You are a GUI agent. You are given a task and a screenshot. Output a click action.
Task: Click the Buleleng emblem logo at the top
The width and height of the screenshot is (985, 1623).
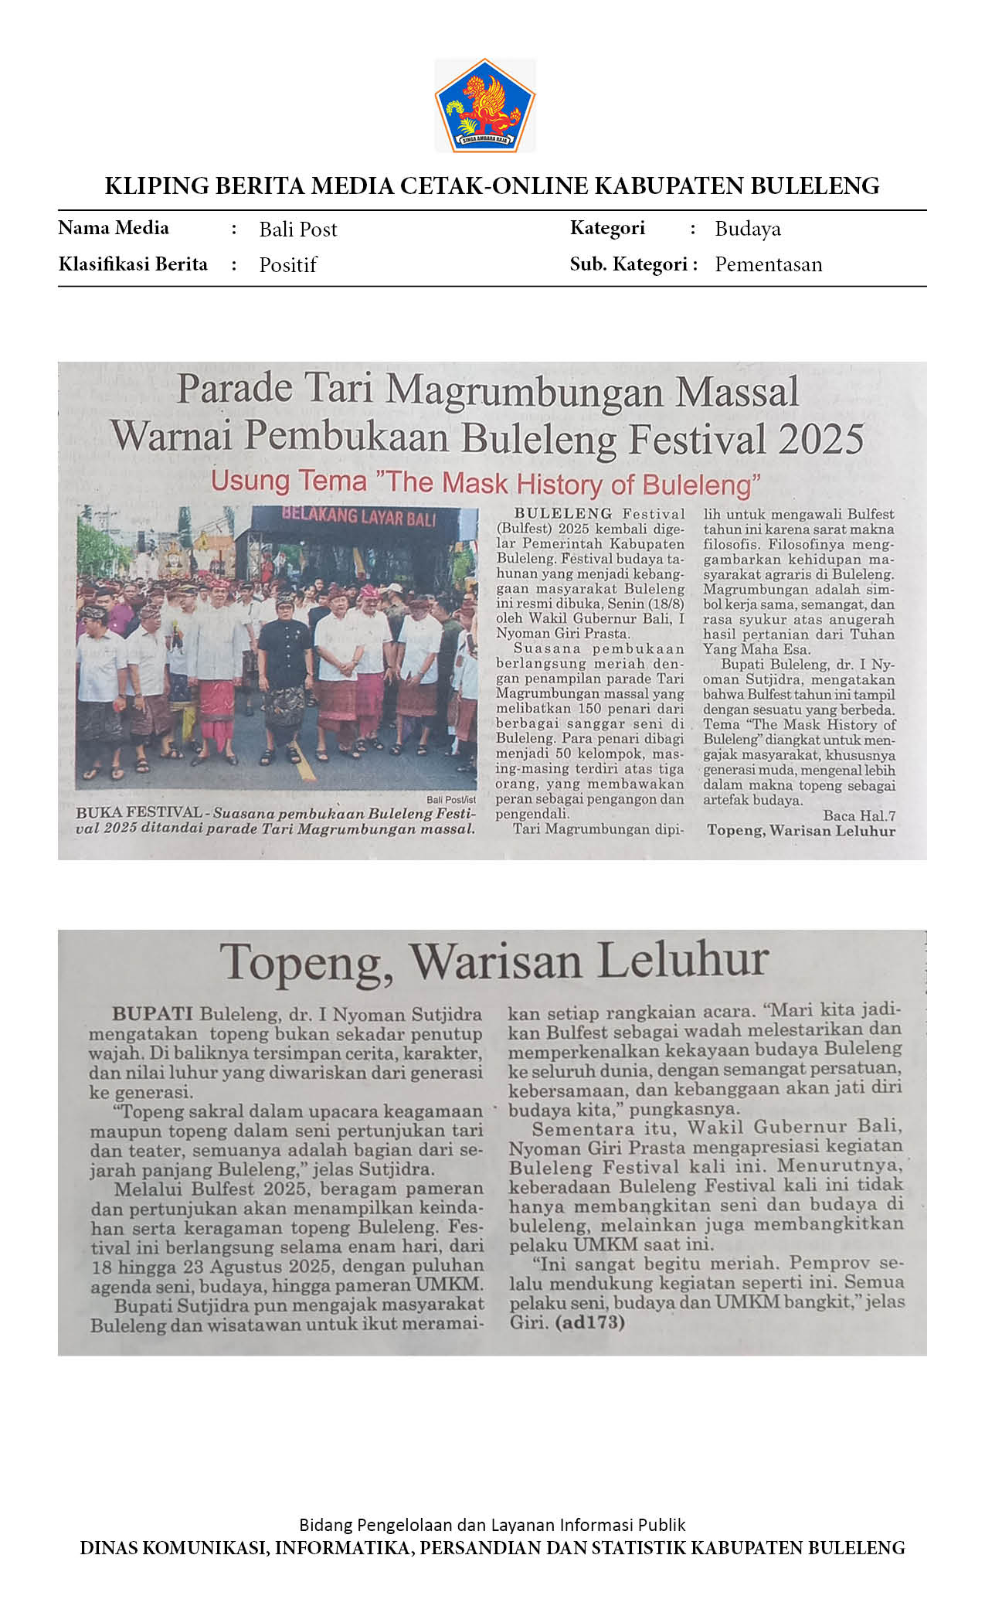pos(484,105)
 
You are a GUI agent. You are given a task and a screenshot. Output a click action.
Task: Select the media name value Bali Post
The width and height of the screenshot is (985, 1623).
pos(297,230)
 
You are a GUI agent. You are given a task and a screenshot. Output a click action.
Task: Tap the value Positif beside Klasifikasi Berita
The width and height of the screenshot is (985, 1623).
pos(287,265)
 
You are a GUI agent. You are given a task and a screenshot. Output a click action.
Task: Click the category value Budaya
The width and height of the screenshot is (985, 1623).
pos(747,229)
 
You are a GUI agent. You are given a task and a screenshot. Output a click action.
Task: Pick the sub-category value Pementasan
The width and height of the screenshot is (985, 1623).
pos(768,264)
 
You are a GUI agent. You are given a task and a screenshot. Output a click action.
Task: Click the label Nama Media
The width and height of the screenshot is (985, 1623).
pos(114,228)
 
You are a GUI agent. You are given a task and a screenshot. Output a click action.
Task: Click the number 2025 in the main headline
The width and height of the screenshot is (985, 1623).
pos(820,440)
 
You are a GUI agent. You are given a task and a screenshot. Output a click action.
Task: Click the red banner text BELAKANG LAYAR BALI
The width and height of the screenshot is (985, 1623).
pos(358,516)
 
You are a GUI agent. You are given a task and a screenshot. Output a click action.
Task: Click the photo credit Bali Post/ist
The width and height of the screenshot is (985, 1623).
pos(450,800)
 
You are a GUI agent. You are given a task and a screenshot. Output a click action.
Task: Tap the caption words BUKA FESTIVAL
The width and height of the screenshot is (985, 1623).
pos(138,813)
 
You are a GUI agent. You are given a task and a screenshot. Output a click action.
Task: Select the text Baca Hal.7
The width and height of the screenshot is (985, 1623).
pos(859,815)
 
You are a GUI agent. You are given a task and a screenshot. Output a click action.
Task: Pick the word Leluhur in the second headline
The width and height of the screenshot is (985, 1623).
pos(683,961)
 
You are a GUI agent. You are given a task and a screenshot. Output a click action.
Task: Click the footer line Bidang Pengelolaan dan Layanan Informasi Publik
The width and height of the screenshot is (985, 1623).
pos(492,1525)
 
